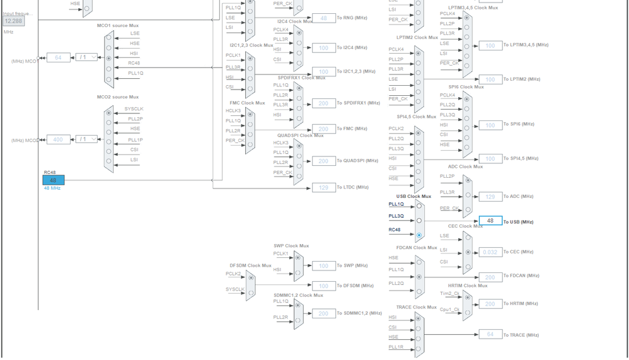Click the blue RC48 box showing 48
[54, 180]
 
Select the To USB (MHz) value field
[490, 221]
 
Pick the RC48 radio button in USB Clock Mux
[419, 235]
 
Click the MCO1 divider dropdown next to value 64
[86, 57]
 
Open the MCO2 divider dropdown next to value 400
[86, 139]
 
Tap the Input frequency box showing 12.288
[14, 21]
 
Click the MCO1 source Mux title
[117, 25]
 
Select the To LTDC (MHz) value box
[323, 187]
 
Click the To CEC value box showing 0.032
[490, 252]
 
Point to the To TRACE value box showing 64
[490, 335]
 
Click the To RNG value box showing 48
[323, 18]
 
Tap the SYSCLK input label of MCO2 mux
[134, 109]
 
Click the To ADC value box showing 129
[490, 197]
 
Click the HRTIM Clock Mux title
[468, 286]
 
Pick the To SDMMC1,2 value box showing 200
[323, 313]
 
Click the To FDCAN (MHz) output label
[521, 276]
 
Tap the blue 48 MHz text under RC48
[52, 189]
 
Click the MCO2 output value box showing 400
[58, 139]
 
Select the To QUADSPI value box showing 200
[323, 161]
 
